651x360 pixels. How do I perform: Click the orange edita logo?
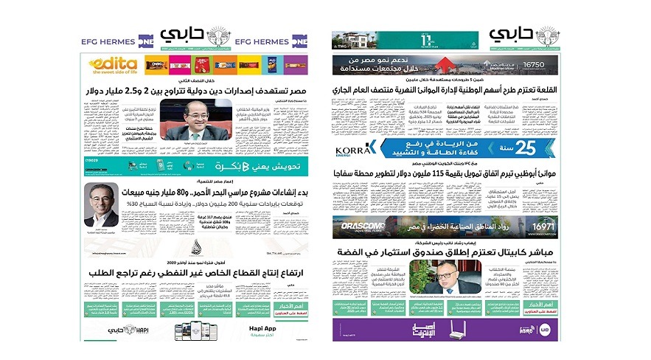coord(113,66)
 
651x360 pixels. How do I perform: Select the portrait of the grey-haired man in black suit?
coord(101,204)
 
